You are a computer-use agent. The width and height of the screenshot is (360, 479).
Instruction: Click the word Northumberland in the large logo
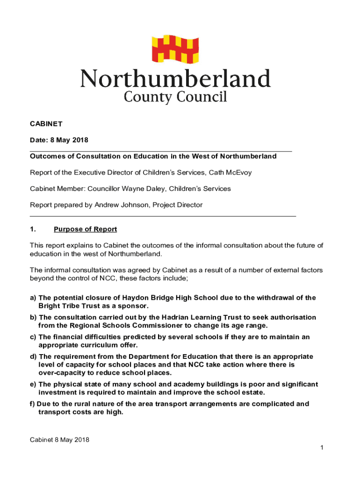(x=176, y=79)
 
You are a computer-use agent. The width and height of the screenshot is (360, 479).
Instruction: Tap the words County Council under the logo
(x=175, y=97)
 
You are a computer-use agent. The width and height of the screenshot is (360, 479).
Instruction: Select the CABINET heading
(x=46, y=124)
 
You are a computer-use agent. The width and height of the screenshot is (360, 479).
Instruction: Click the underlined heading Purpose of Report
(x=85, y=229)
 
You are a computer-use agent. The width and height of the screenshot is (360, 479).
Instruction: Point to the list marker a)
(x=33, y=298)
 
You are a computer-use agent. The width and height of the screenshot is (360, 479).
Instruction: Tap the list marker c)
(x=33, y=337)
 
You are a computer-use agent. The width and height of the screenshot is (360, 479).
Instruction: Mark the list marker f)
(x=33, y=404)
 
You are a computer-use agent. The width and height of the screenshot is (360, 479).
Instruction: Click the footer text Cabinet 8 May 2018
(x=59, y=440)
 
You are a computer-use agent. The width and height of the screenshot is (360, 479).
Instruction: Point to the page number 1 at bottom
(x=322, y=449)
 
